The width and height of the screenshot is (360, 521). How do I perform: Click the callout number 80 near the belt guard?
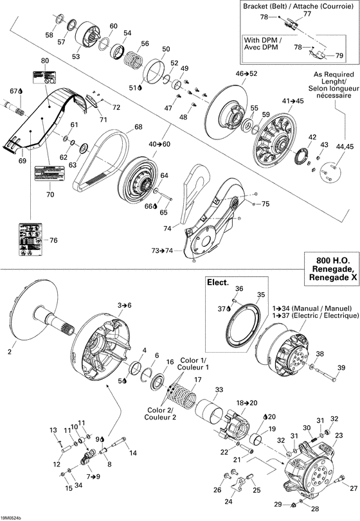tap(44, 60)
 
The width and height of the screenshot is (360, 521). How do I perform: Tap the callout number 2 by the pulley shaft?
tap(10, 351)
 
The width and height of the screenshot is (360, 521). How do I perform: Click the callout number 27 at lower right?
tap(354, 488)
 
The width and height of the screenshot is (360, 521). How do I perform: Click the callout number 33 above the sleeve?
tap(219, 390)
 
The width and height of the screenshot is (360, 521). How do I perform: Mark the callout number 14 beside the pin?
tap(134, 453)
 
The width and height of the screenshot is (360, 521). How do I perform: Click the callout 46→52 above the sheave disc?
tap(246, 74)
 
